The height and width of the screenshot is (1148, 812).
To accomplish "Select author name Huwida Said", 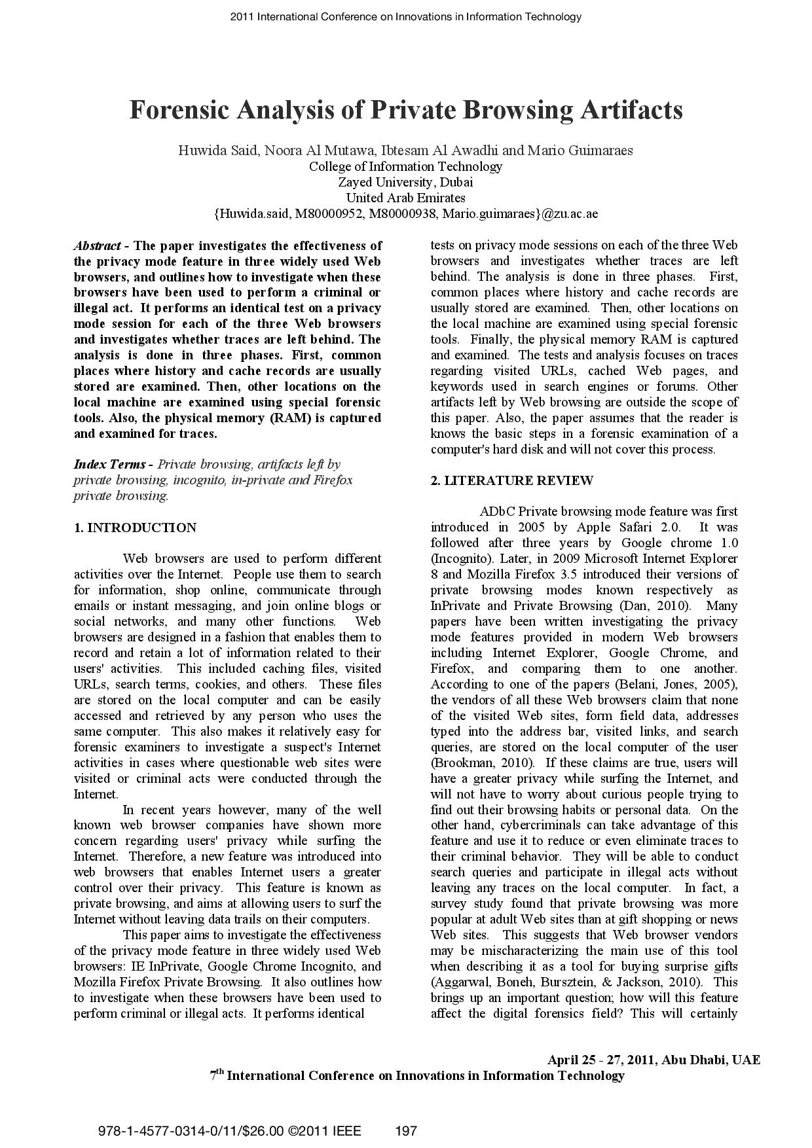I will pos(219,151).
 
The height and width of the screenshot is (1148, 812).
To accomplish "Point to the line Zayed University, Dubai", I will pos(405,182).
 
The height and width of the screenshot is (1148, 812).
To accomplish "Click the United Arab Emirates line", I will pos(405,198).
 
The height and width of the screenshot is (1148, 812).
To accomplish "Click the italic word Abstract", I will pos(97,246).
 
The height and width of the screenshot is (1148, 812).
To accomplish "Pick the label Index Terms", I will pos(109,465).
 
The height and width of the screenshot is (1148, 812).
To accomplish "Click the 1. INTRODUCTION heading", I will pos(135,528).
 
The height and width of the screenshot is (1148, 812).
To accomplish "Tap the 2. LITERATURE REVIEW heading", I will pos(511,481).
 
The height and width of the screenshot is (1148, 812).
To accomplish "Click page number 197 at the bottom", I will pos(407,1131).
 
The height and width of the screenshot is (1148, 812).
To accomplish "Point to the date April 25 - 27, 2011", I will pos(601,1060).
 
